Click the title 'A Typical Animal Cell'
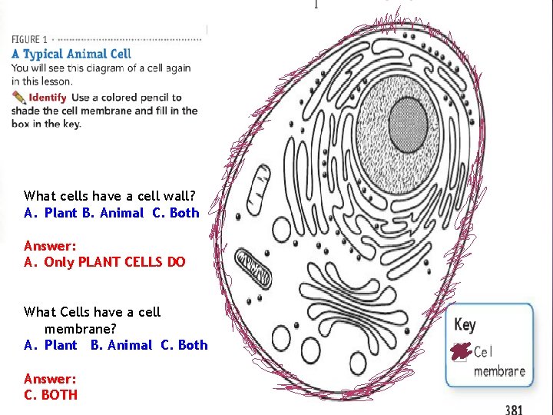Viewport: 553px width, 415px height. (x=71, y=54)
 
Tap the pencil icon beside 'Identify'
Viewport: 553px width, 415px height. (x=18, y=98)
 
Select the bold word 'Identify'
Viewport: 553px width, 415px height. (x=48, y=98)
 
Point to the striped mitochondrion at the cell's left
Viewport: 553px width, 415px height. (x=253, y=267)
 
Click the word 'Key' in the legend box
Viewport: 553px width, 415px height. (x=465, y=324)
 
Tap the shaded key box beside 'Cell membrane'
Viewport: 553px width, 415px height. (x=460, y=352)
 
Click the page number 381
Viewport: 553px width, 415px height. (x=514, y=409)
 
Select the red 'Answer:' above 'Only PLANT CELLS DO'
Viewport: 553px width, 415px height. (x=50, y=246)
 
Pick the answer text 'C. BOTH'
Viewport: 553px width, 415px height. (x=51, y=394)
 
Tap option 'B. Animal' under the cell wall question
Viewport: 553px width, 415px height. (x=113, y=213)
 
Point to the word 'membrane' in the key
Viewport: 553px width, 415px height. (x=499, y=371)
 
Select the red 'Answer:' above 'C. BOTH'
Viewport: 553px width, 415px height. (x=50, y=378)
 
